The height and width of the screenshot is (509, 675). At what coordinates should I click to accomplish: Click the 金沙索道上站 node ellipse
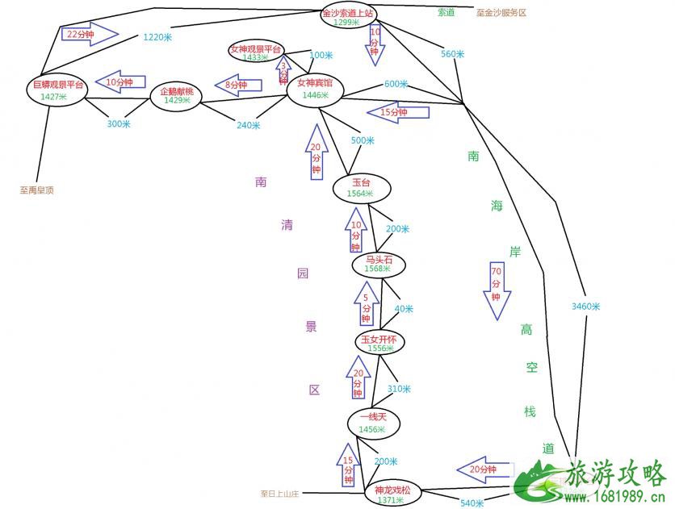(x=348, y=17)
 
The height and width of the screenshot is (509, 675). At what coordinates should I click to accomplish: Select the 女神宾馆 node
(x=315, y=88)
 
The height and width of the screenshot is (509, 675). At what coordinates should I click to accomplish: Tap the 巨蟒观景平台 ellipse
(x=58, y=90)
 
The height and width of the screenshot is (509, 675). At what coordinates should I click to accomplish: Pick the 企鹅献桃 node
(x=177, y=96)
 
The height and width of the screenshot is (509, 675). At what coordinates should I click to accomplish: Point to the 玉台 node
(x=361, y=188)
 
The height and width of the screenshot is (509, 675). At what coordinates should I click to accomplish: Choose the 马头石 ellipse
(x=379, y=264)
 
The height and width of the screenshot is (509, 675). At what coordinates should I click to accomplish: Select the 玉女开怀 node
(x=379, y=343)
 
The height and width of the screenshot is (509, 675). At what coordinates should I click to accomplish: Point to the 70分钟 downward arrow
(x=496, y=290)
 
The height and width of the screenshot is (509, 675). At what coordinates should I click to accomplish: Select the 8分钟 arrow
(x=237, y=85)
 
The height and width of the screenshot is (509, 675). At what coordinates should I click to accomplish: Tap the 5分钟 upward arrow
(x=367, y=303)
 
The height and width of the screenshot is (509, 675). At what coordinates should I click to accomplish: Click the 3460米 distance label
(x=585, y=307)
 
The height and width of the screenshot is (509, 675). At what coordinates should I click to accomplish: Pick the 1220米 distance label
(x=157, y=37)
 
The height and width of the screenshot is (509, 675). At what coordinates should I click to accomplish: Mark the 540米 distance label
(x=471, y=503)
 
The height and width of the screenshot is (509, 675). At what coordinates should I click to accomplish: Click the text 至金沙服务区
(x=501, y=13)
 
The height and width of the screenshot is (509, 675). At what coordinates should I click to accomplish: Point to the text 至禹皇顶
(x=36, y=191)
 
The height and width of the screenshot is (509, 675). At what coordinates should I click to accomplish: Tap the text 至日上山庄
(x=279, y=494)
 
